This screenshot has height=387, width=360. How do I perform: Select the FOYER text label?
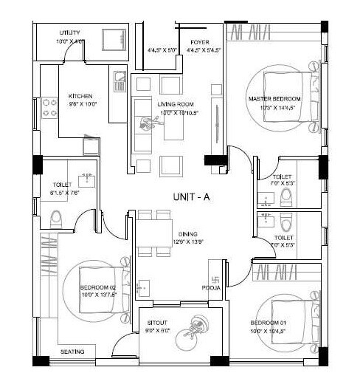(199, 42)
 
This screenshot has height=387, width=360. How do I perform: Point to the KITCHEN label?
(80, 96)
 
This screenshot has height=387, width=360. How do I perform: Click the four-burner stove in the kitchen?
(50, 108)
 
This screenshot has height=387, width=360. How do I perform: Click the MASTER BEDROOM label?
(274, 99)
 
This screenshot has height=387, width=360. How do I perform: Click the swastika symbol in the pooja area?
(215, 280)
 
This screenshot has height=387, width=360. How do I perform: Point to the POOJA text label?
(211, 289)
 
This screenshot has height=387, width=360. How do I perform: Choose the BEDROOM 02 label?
(97, 289)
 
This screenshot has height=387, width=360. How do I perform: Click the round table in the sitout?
(197, 325)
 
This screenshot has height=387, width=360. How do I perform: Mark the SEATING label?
(72, 352)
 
